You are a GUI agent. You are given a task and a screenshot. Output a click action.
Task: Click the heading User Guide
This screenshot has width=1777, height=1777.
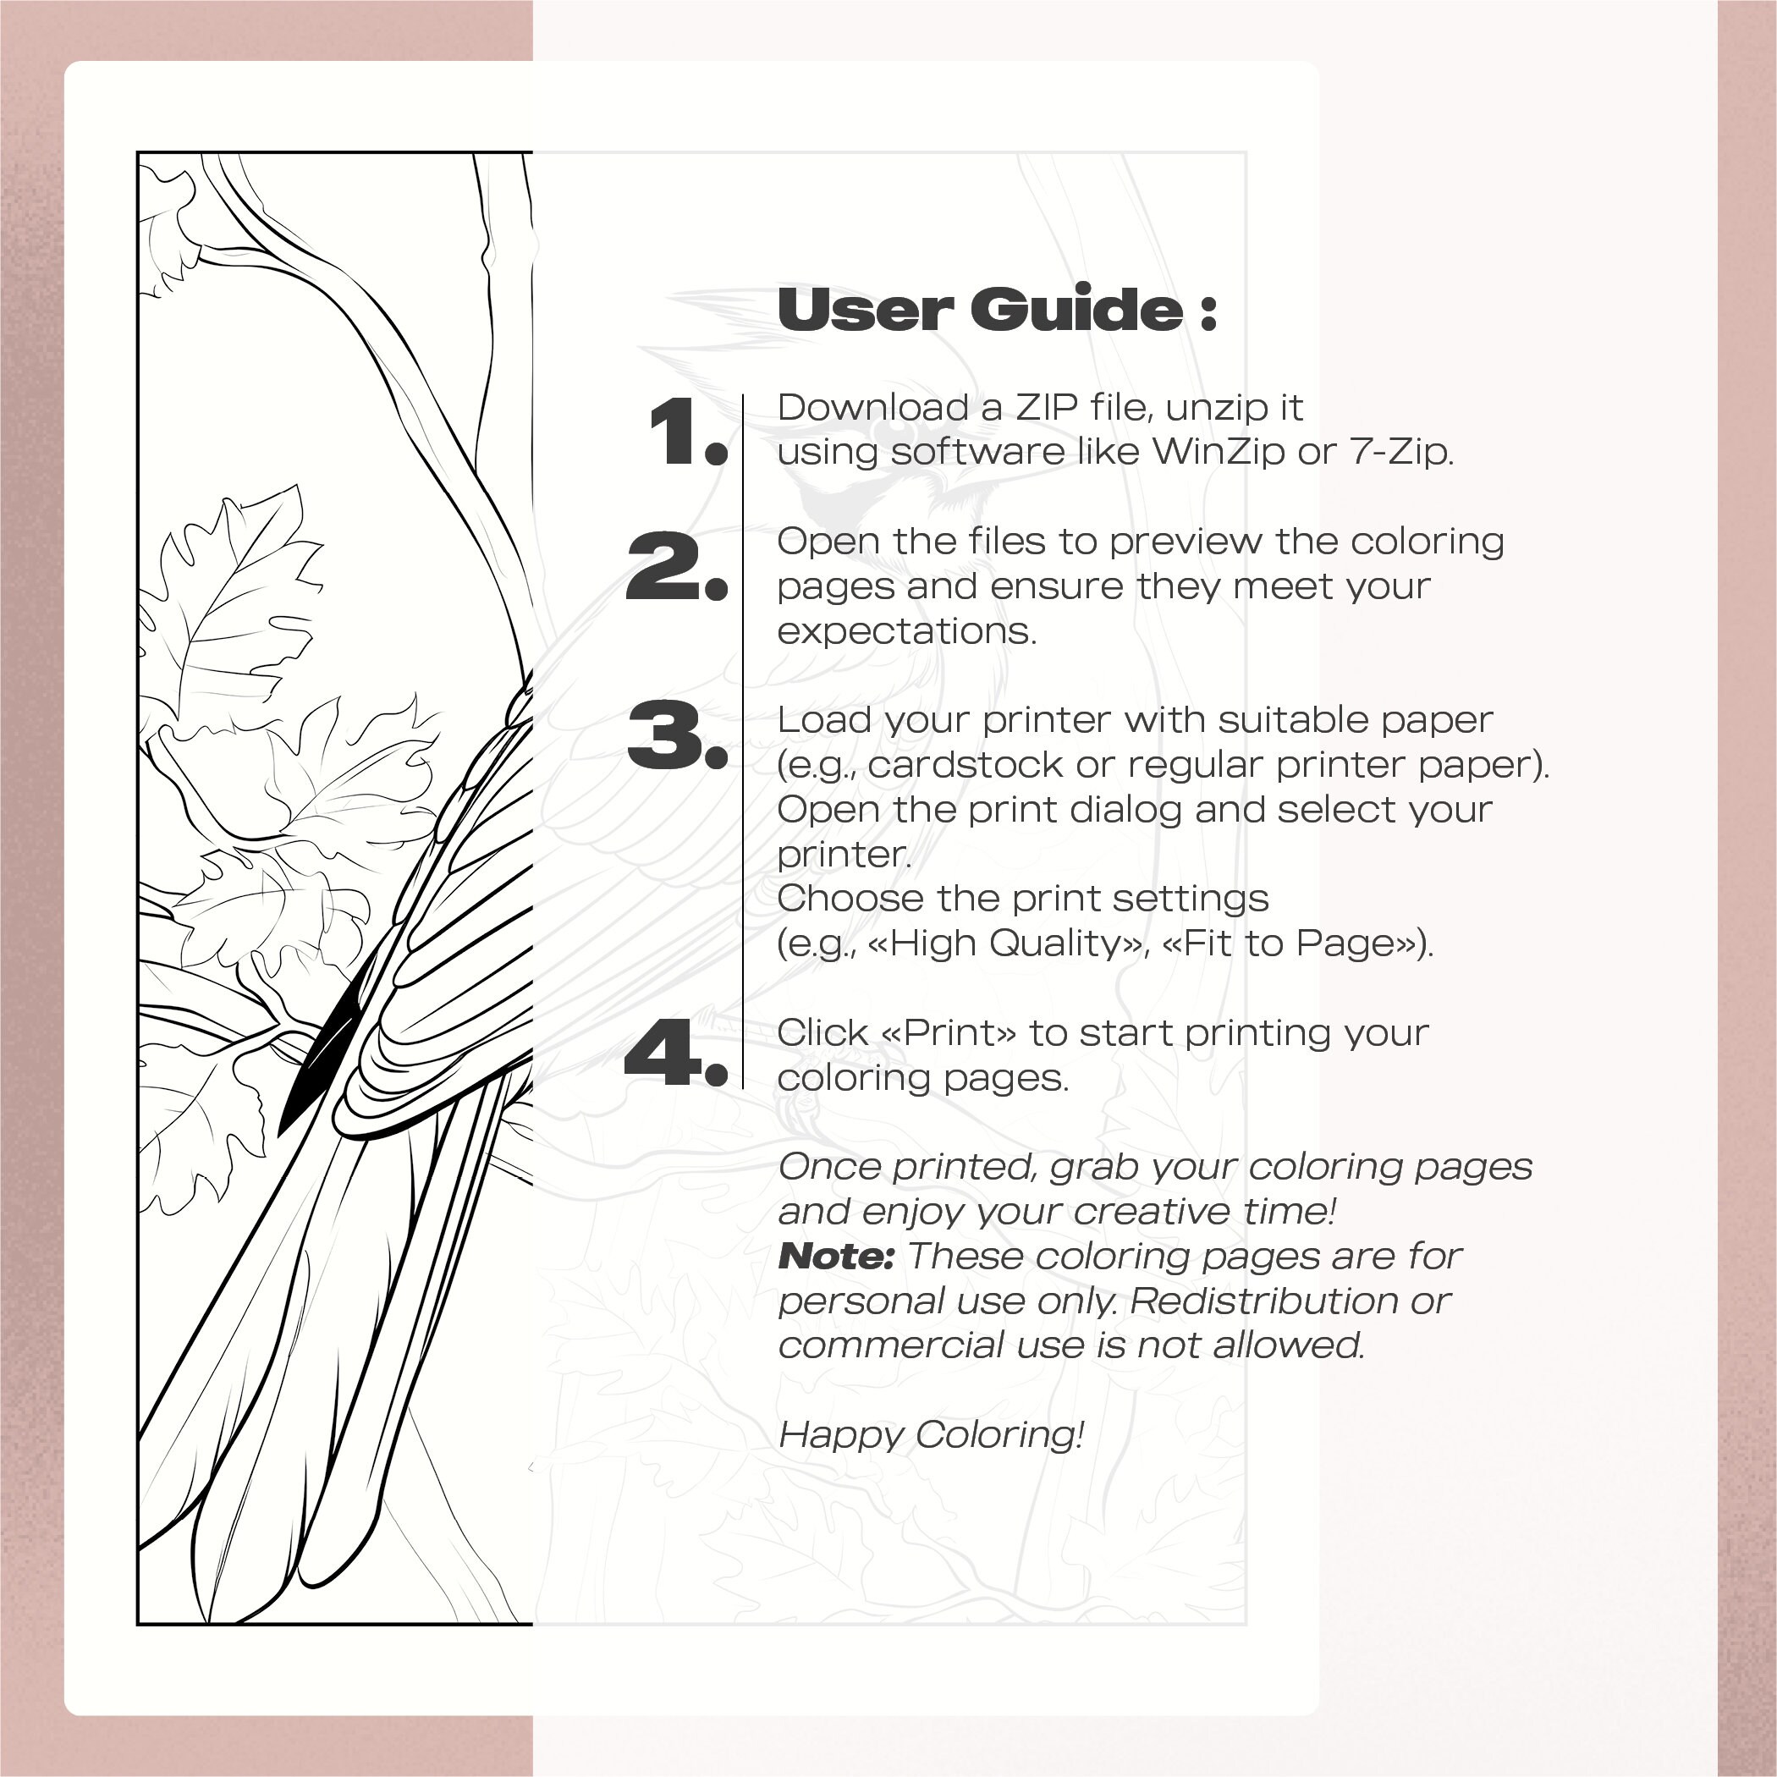click(x=996, y=309)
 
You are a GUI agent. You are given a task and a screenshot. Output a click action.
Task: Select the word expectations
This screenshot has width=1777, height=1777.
click(x=906, y=632)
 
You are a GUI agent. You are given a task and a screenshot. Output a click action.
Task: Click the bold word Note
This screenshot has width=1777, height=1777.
click(x=835, y=1257)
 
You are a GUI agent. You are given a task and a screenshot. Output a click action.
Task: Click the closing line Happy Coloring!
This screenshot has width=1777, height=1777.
click(x=931, y=1435)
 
